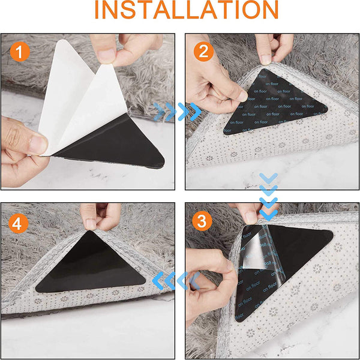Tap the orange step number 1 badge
[20, 52]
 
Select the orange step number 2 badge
[204, 51]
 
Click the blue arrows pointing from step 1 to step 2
[177, 110]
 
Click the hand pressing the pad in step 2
[210, 90]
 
